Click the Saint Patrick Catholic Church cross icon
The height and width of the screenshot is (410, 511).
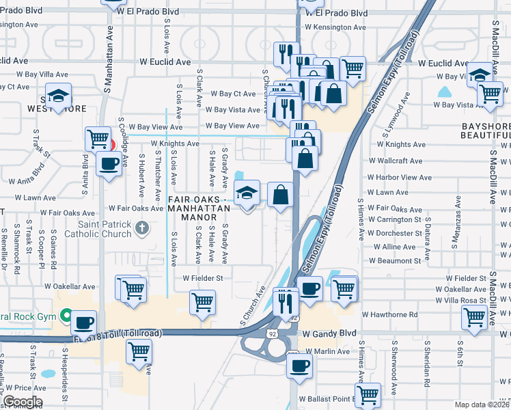click(x=141, y=227)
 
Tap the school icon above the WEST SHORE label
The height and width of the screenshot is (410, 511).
click(x=59, y=96)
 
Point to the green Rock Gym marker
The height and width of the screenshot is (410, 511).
click(x=65, y=316)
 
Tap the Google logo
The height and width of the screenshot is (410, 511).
click(x=22, y=402)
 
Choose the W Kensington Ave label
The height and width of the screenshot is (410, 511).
click(x=335, y=27)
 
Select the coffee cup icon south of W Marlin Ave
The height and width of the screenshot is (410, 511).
click(x=298, y=366)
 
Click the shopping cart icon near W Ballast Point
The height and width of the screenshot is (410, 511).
click(x=368, y=394)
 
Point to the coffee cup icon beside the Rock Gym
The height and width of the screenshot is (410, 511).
click(x=85, y=321)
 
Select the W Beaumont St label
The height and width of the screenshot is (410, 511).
click(x=394, y=261)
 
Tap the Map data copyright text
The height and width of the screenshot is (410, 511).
click(x=482, y=405)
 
